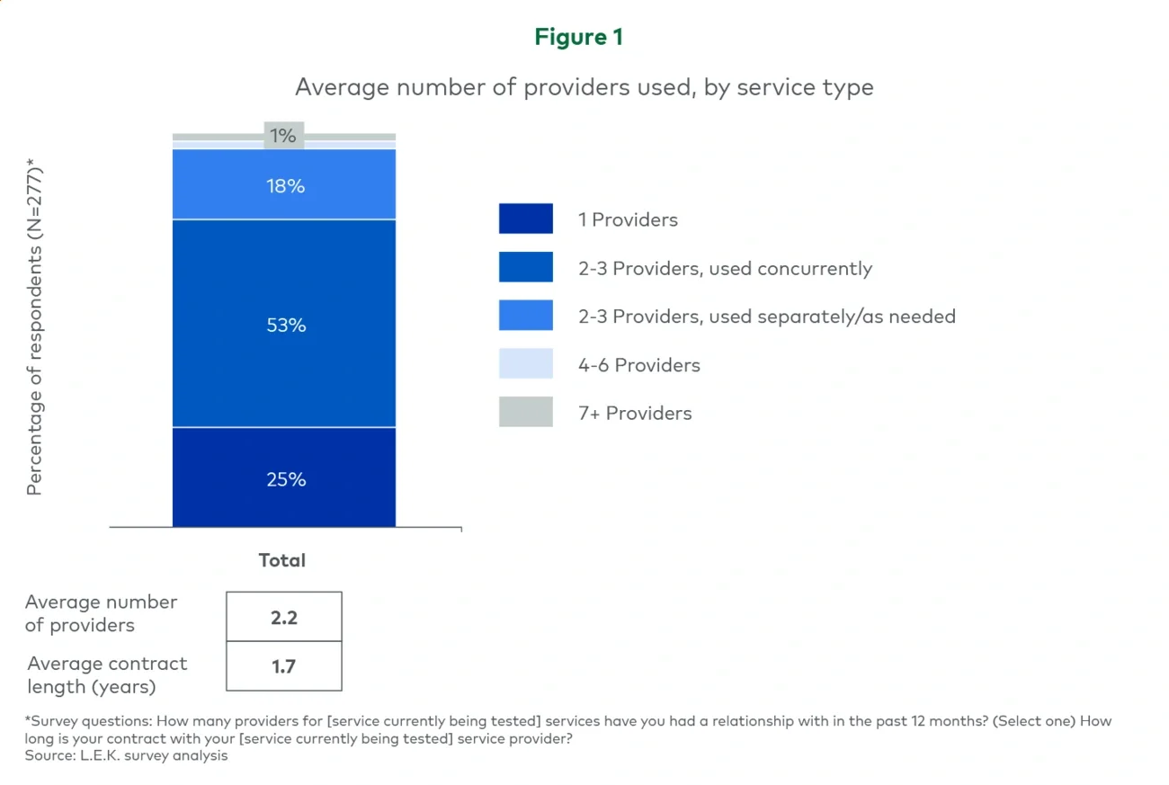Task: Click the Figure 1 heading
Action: pos(578,37)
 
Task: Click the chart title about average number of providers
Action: pos(584,87)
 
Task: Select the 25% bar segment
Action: pos(284,477)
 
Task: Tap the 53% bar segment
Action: pos(284,324)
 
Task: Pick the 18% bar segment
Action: pos(284,185)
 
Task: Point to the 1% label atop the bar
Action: pos(284,136)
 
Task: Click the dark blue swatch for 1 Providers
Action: pos(526,219)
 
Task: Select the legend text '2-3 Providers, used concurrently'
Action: pos(725,268)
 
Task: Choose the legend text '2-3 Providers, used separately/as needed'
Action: pos(766,317)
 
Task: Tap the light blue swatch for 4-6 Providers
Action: pos(526,364)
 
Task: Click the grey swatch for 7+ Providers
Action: pos(526,413)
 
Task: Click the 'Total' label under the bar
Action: pos(282,560)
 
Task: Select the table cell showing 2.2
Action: pos(284,618)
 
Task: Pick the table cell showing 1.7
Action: pos(284,666)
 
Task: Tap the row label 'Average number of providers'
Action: pos(101,613)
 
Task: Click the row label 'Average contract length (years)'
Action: pos(107,674)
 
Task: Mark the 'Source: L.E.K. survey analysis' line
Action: pos(126,755)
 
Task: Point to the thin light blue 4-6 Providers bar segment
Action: pos(225,145)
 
